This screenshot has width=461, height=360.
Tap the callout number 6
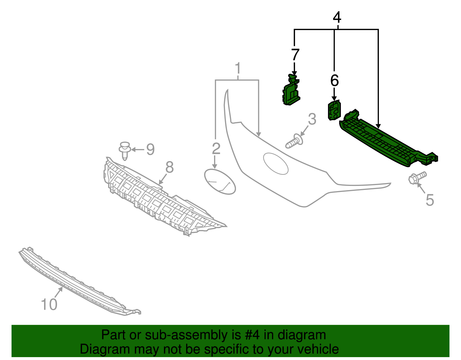334,81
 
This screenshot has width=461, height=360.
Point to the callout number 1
238,69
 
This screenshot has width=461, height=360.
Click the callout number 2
216,148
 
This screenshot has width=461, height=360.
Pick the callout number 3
312,119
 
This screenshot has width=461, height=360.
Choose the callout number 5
430,200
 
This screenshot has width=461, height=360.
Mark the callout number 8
169,167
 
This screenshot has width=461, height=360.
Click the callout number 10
49,304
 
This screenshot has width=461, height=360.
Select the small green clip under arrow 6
334,110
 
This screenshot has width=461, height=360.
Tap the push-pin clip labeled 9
125,150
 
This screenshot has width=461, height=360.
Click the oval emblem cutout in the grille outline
275,163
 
